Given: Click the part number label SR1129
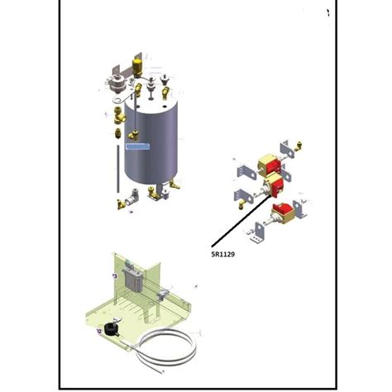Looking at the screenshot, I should (223, 256).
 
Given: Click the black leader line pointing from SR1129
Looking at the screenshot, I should (240, 224).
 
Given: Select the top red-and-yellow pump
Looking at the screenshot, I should (267, 165).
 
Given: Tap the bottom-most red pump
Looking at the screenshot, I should (284, 212).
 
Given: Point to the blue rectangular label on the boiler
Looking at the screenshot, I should (137, 146).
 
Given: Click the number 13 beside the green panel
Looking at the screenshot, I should (114, 274).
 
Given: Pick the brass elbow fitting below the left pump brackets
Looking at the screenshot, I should (242, 198).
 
